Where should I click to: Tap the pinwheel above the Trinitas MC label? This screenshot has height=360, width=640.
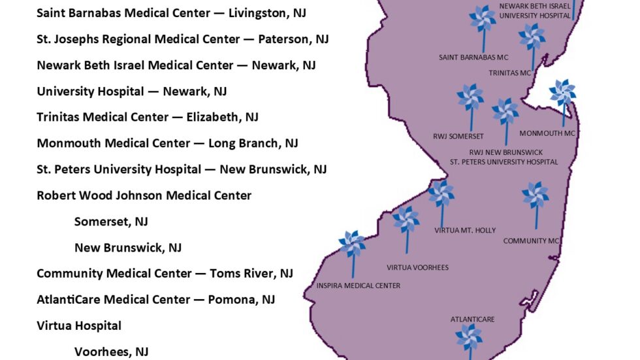[x=532, y=37]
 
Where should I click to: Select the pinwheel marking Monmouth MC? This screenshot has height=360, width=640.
[x=562, y=93]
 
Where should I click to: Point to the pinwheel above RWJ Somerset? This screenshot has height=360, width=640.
[x=470, y=98]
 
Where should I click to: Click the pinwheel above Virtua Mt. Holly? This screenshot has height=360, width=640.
[x=441, y=194]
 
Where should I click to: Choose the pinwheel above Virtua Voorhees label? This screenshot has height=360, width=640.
[x=406, y=220]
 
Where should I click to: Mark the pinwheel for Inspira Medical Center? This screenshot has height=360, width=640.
[x=353, y=244]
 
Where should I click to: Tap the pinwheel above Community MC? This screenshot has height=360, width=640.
[x=536, y=196]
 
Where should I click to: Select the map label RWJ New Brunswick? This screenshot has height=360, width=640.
[x=506, y=152]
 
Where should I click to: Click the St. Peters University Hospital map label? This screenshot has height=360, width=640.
[x=504, y=161]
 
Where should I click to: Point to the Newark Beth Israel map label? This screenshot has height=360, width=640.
[x=535, y=7]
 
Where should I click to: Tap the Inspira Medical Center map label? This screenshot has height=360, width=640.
[x=359, y=286]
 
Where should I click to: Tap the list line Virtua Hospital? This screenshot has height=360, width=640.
[x=79, y=325]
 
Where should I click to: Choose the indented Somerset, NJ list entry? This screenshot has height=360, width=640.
[x=111, y=221]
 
